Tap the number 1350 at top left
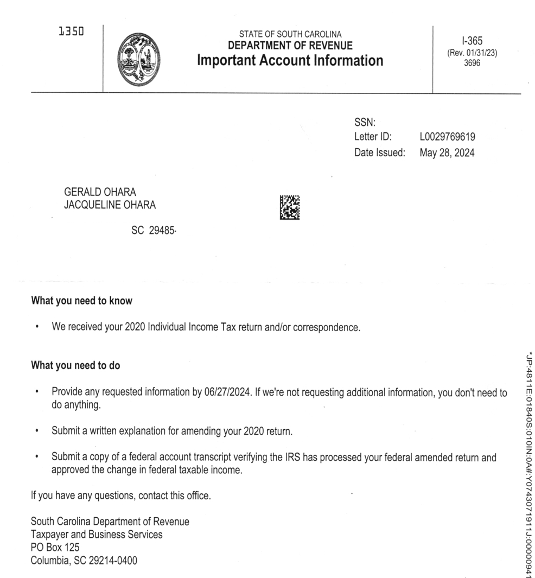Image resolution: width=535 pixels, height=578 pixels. (71, 32)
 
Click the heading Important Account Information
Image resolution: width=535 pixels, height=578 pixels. (290, 60)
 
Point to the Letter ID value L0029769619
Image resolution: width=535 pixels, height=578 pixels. (448, 137)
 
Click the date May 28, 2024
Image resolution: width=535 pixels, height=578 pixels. (447, 153)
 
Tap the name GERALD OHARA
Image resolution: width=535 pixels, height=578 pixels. (100, 193)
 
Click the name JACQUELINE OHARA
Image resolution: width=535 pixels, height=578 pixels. (111, 205)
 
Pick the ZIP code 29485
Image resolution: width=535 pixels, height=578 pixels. (162, 230)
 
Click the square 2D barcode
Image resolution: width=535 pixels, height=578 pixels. (289, 207)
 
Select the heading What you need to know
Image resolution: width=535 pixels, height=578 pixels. (82, 300)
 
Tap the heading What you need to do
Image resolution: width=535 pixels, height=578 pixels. (75, 365)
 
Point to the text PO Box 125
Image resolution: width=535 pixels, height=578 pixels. (55, 548)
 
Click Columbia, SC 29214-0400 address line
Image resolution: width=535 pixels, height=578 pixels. (84, 561)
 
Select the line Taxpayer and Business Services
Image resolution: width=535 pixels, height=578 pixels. (97, 535)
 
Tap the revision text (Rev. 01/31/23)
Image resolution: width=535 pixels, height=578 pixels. (472, 53)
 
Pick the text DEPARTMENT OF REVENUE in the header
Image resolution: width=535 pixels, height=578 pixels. (290, 46)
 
